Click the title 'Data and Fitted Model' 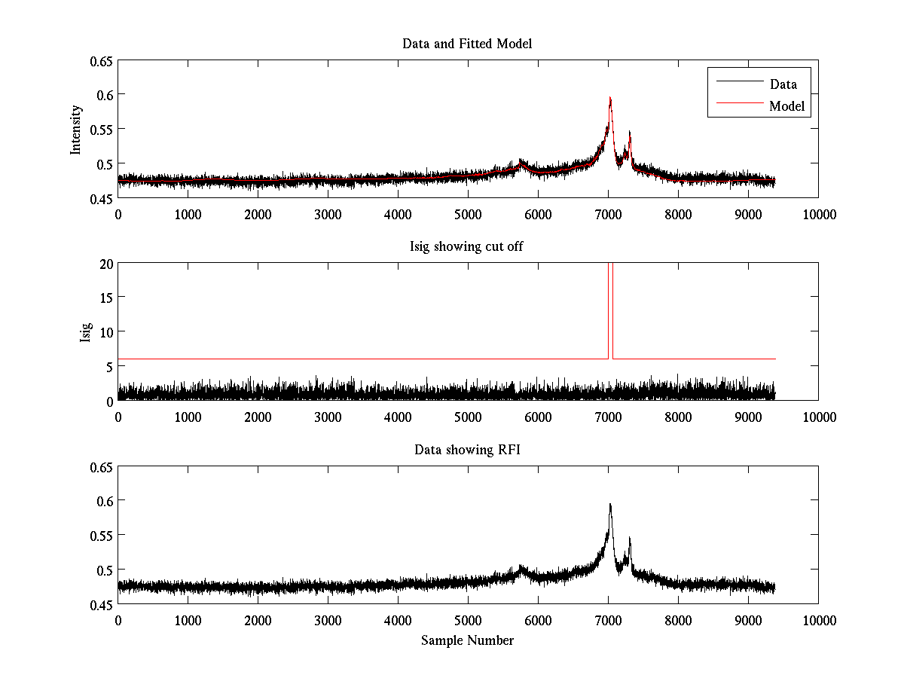(467, 44)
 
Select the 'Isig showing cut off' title (467, 247)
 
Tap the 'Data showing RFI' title (467, 450)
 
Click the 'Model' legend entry (787, 106)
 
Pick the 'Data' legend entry (783, 84)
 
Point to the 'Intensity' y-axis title (76, 129)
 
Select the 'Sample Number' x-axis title (467, 640)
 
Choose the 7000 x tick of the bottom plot (608, 620)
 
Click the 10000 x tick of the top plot (818, 215)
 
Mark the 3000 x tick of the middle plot (328, 417)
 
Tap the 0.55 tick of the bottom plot (98, 535)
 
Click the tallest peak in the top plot (609, 98)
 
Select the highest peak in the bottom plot (609, 505)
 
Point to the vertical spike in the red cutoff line (610, 301)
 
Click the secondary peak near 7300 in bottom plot (629, 538)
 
